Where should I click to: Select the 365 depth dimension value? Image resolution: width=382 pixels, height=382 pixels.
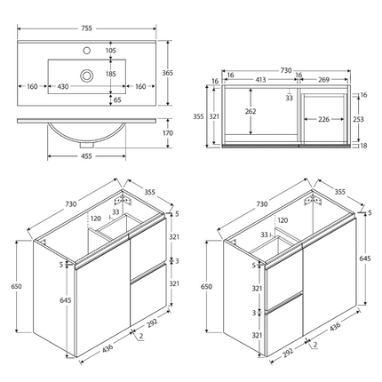coord(179,72)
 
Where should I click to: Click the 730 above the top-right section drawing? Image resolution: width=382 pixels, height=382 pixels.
coord(287,68)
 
